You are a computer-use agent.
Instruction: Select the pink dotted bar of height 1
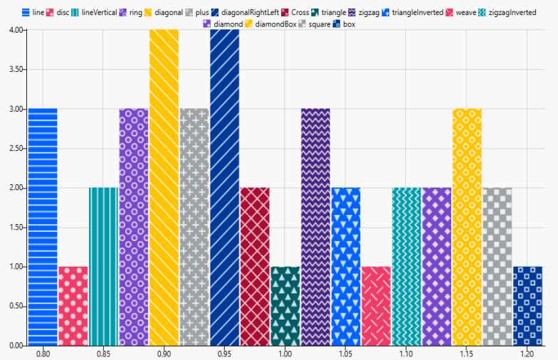tap(73, 306)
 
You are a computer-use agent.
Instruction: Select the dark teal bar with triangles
tap(285, 306)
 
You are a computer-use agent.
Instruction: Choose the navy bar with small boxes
tap(527, 306)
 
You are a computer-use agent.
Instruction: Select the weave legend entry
tap(460, 13)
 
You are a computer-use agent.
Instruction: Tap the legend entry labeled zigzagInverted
tap(507, 13)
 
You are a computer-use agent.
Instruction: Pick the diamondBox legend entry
tap(269, 24)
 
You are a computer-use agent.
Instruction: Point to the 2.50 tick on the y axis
tap(14, 148)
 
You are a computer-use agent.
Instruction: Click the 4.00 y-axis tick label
tap(14, 30)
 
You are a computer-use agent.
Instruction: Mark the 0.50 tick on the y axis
tap(14, 306)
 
